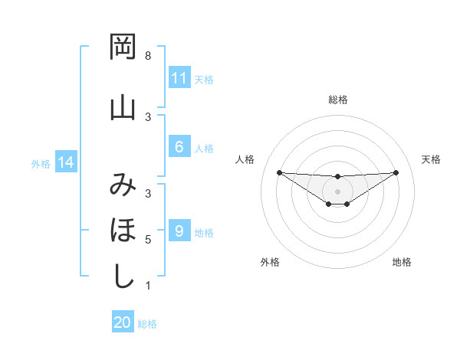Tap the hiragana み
(x=122, y=184)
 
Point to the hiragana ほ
(x=122, y=230)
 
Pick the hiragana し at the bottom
(x=122, y=276)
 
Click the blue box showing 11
(x=179, y=78)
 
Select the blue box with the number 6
(x=179, y=148)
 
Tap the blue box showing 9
(x=179, y=231)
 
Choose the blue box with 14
(x=65, y=162)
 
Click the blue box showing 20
(x=122, y=322)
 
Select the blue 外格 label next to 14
(x=41, y=163)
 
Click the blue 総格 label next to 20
(x=147, y=323)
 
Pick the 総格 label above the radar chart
(x=338, y=100)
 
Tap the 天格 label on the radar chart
(x=432, y=159)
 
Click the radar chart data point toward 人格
(x=279, y=172)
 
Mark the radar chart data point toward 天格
(x=396, y=172)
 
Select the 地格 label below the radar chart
(x=402, y=262)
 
